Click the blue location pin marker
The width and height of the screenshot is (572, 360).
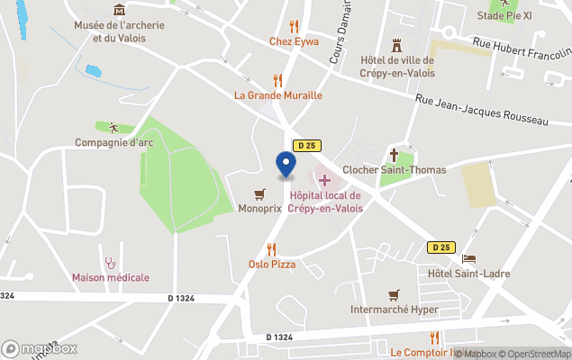[285, 165]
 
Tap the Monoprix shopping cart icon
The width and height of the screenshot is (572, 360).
[260, 193]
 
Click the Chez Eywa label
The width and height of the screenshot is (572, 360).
[295, 40]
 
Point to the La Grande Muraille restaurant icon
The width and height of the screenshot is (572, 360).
[277, 79]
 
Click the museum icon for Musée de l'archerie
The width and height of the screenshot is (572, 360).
[120, 10]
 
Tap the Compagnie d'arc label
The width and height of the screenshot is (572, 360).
[114, 142]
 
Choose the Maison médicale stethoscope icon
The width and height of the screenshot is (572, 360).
[111, 263]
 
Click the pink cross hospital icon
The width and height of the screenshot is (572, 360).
[324, 181]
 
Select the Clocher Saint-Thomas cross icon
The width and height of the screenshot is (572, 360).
[394, 154]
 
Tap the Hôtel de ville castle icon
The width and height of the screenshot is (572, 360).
[396, 45]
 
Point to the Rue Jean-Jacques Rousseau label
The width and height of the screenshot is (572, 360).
[481, 109]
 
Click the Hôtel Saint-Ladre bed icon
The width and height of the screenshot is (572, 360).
[468, 259]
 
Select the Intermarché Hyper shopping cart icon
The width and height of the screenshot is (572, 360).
[394, 294]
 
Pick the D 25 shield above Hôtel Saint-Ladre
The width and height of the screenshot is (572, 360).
[440, 247]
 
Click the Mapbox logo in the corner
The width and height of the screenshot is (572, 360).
[40, 349]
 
